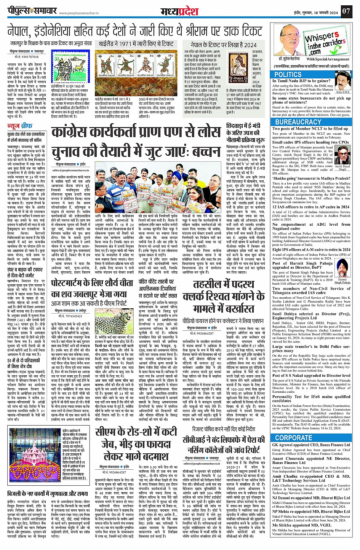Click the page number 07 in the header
point(346,11)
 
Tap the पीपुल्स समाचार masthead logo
point(32,11)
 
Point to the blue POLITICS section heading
point(288,75)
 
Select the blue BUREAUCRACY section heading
point(298,122)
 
